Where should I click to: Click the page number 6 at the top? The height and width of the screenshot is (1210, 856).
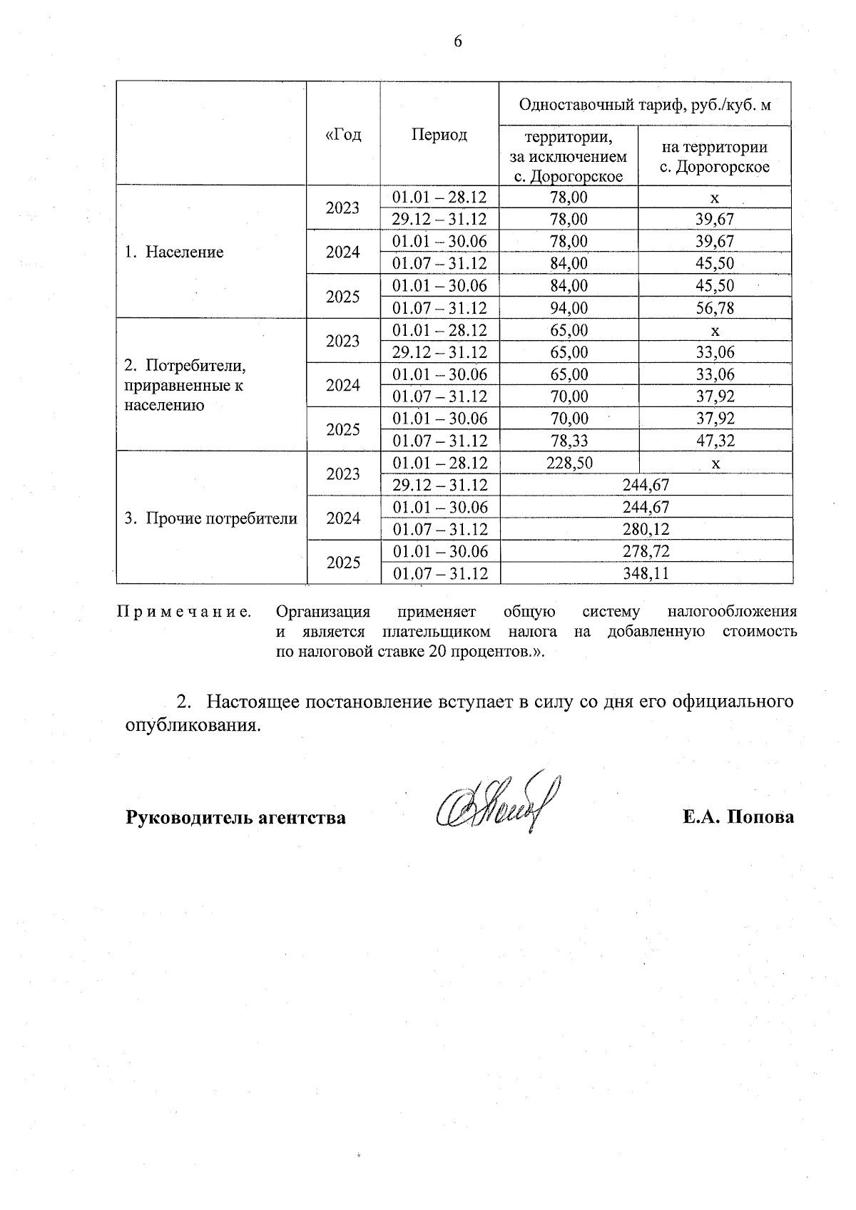click(x=458, y=42)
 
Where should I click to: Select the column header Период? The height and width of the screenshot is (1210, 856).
click(x=439, y=135)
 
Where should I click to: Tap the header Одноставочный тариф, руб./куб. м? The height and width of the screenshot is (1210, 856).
click(x=645, y=105)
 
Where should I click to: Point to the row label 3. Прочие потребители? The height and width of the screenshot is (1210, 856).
click(x=211, y=518)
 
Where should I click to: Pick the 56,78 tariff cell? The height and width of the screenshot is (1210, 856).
click(x=715, y=308)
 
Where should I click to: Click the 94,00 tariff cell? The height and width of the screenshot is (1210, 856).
click(x=569, y=308)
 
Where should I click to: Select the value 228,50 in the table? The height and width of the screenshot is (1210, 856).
click(x=569, y=463)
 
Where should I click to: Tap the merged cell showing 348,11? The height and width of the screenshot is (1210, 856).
click(x=646, y=573)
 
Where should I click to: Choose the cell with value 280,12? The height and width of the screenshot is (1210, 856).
click(x=646, y=529)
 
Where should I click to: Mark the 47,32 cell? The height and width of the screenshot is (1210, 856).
click(x=715, y=441)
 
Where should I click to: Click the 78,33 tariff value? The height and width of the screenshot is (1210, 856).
click(x=569, y=441)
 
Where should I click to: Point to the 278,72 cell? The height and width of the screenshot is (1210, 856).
click(x=646, y=551)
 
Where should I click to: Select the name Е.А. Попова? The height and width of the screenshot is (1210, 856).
click(x=738, y=817)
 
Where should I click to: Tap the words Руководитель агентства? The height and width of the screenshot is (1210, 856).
click(x=235, y=817)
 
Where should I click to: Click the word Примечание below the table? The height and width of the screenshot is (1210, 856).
click(x=183, y=612)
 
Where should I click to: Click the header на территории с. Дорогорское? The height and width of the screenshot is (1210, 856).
click(x=715, y=157)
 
